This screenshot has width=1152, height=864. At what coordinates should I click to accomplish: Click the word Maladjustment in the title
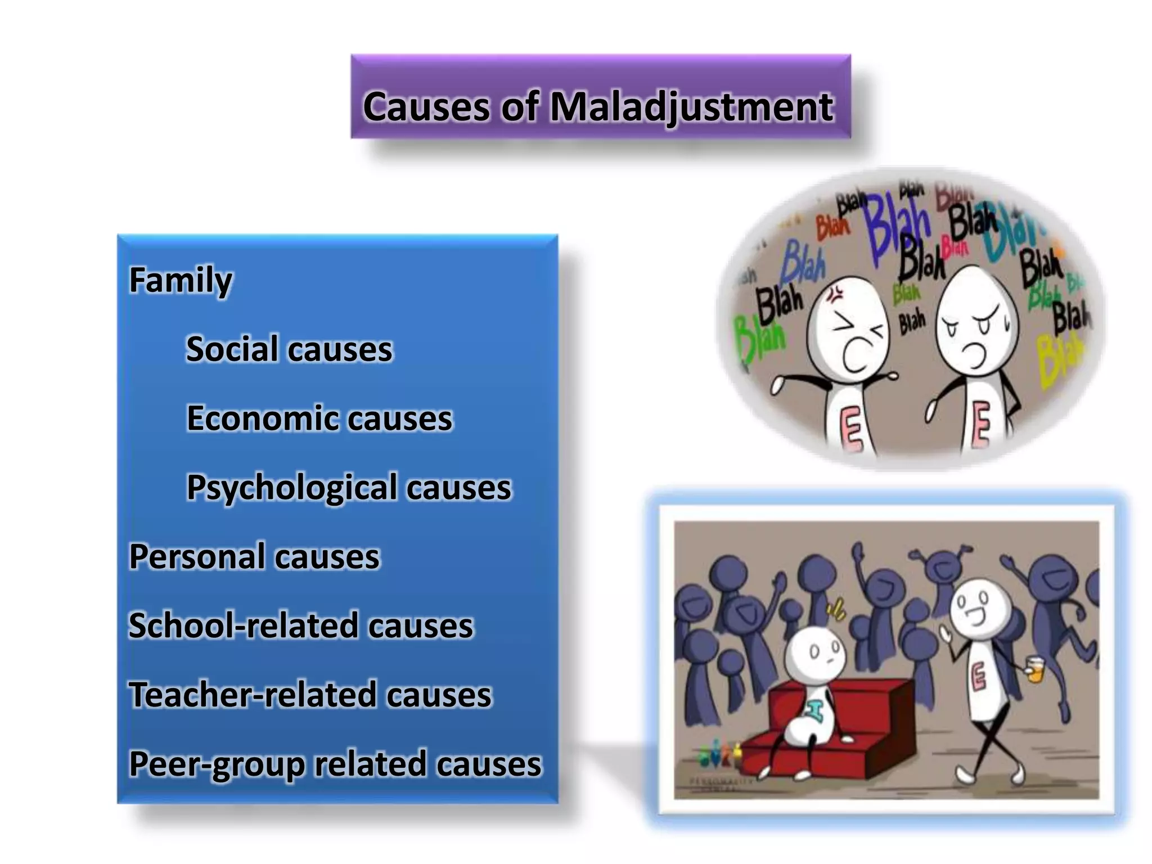[691, 107]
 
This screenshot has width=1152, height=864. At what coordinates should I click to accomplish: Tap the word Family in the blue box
[181, 280]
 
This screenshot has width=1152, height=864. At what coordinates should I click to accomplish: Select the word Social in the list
[231, 349]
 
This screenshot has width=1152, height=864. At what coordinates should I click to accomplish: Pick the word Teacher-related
[252, 695]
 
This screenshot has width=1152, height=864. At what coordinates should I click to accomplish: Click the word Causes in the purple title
[426, 107]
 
